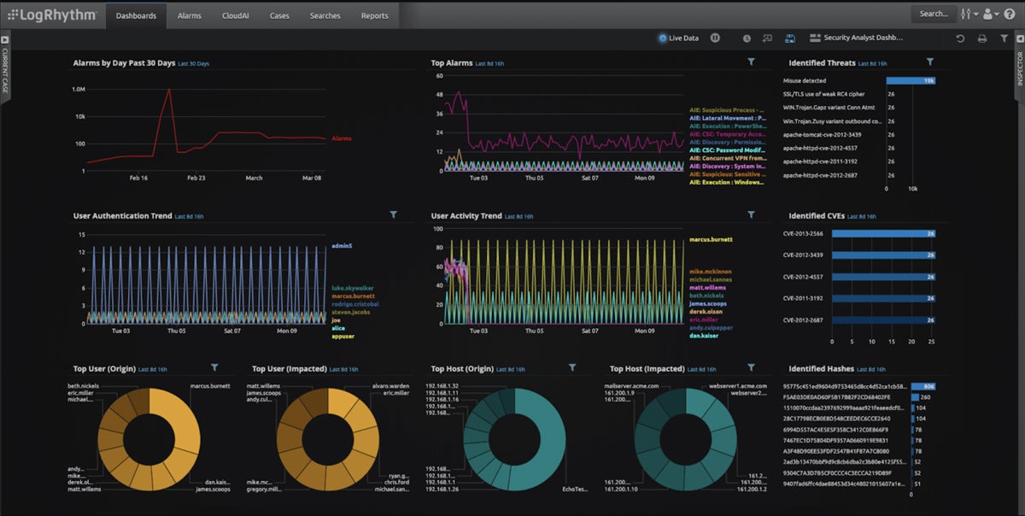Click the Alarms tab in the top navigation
tap(189, 15)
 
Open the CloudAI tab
tap(235, 15)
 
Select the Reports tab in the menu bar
tap(374, 15)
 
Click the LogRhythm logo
tap(52, 15)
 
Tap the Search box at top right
tap(933, 14)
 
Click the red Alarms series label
tap(341, 138)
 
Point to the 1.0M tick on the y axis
tap(78, 89)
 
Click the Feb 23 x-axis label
tap(196, 178)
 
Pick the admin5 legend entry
tap(342, 246)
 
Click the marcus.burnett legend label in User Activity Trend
tap(711, 240)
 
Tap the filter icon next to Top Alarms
tap(751, 62)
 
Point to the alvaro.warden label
tap(390, 385)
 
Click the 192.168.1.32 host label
tap(442, 386)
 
